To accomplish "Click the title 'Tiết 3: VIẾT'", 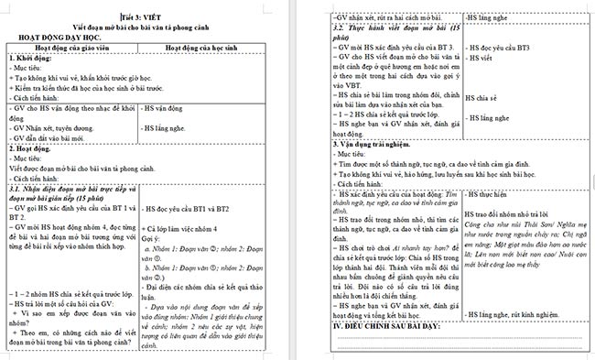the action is (x=138, y=16).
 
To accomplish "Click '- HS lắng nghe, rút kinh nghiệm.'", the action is (x=517, y=315).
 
